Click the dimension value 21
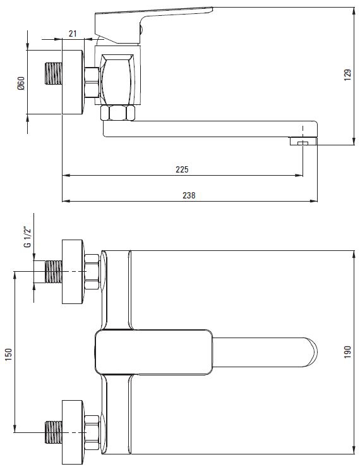(x=73, y=33)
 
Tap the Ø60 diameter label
(x=21, y=83)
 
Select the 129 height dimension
(x=347, y=75)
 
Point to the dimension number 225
(x=182, y=169)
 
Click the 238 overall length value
(x=189, y=195)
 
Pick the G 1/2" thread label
(x=27, y=238)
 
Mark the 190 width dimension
(x=347, y=352)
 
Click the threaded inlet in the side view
(x=54, y=73)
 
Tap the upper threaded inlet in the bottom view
(x=54, y=272)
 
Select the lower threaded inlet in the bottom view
(x=54, y=432)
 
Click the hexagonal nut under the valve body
(x=117, y=113)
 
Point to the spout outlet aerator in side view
(x=303, y=141)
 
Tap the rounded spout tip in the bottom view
(x=311, y=352)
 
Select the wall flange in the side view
(x=73, y=82)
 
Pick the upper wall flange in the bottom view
(x=73, y=272)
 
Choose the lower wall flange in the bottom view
(x=73, y=432)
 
